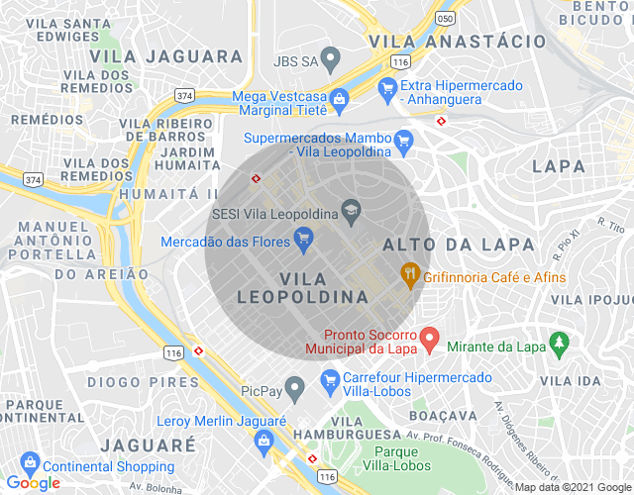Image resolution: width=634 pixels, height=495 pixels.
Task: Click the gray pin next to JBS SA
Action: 334,61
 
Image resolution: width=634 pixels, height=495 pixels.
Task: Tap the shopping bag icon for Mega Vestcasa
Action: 339,99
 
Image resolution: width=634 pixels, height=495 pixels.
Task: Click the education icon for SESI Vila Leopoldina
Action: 351,210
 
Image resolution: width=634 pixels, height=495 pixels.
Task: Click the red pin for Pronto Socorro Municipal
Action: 429,339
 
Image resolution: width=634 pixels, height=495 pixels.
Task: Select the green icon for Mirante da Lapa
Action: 560,344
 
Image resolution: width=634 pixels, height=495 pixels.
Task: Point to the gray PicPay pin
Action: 294,386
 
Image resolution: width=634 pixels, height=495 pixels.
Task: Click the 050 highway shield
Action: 447,19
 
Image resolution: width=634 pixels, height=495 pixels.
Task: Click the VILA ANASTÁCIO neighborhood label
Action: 457,42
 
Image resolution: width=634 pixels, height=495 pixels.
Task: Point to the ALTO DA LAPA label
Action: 458,245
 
